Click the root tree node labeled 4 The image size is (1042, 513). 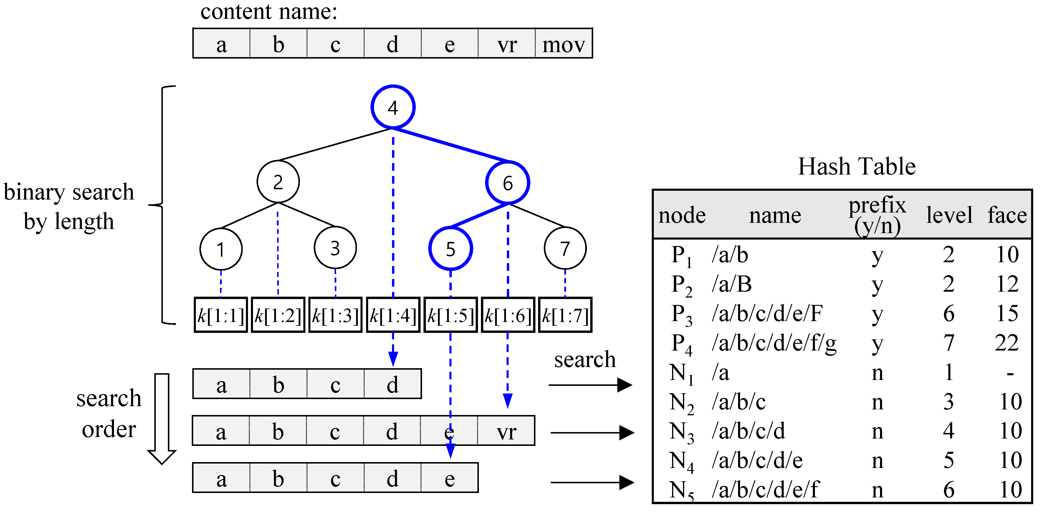pyautogui.click(x=393, y=107)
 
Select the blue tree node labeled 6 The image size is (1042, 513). pyautogui.click(x=508, y=183)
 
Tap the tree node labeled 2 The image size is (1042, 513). pyautogui.click(x=278, y=182)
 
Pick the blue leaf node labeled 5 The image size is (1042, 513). pyautogui.click(x=450, y=249)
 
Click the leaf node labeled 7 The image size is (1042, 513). pyautogui.click(x=565, y=248)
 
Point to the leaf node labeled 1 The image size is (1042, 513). pyautogui.click(x=221, y=249)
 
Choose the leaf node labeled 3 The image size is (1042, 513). pyautogui.click(x=335, y=248)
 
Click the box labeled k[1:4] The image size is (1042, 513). pyautogui.click(x=393, y=315)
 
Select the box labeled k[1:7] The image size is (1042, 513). pyautogui.click(x=565, y=315)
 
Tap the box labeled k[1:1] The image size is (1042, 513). pyautogui.click(x=221, y=315)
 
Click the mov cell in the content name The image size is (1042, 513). pyautogui.click(x=563, y=44)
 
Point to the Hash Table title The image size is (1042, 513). pyautogui.click(x=856, y=166)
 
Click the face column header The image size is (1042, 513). pyautogui.click(x=1007, y=215)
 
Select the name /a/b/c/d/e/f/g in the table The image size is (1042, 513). pyautogui.click(x=774, y=343)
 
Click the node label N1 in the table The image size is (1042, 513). pyautogui.click(x=681, y=373)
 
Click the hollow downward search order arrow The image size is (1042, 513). pyautogui.click(x=162, y=419)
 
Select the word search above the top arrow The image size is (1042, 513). pyautogui.click(x=585, y=359)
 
